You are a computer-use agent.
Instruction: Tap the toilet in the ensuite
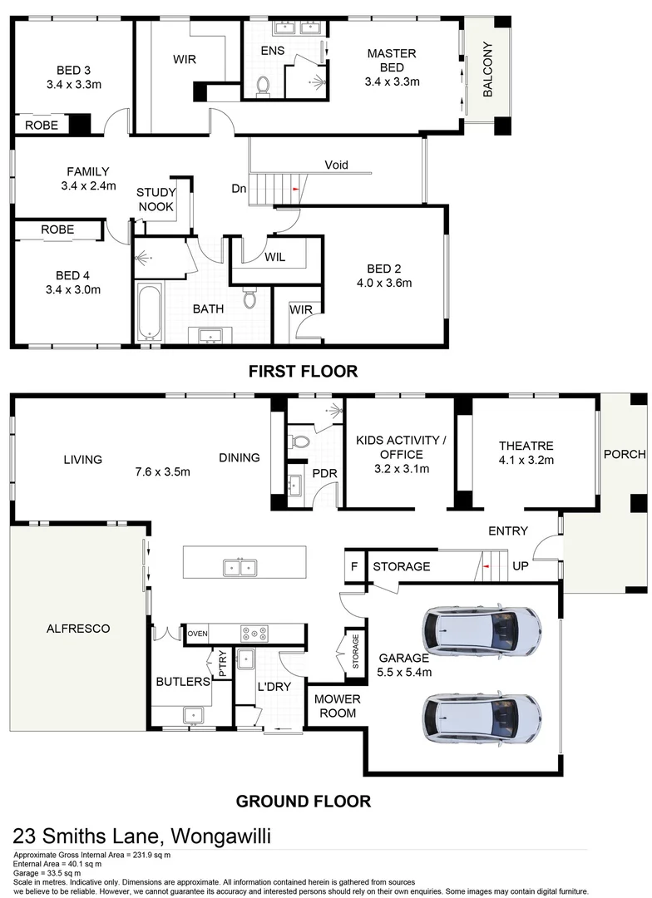tap(264, 85)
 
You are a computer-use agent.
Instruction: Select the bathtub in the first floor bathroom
tap(149, 311)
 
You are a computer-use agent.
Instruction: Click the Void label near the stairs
tap(336, 164)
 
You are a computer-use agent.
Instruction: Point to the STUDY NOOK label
tap(156, 200)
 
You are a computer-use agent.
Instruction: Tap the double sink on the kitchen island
tap(239, 568)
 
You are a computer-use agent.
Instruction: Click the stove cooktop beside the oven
tap(254, 634)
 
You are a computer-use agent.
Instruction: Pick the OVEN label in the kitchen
tap(197, 634)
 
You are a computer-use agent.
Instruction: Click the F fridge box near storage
tap(354, 567)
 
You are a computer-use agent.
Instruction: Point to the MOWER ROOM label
tap(336, 706)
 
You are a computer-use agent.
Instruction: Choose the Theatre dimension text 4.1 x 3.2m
tap(526, 460)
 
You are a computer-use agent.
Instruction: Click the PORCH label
tap(624, 454)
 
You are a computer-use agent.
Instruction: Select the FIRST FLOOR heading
tap(303, 372)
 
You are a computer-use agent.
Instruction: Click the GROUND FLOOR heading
tap(303, 802)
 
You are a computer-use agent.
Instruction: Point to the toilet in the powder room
tap(301, 441)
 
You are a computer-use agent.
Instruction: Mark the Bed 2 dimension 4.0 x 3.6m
tap(383, 283)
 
